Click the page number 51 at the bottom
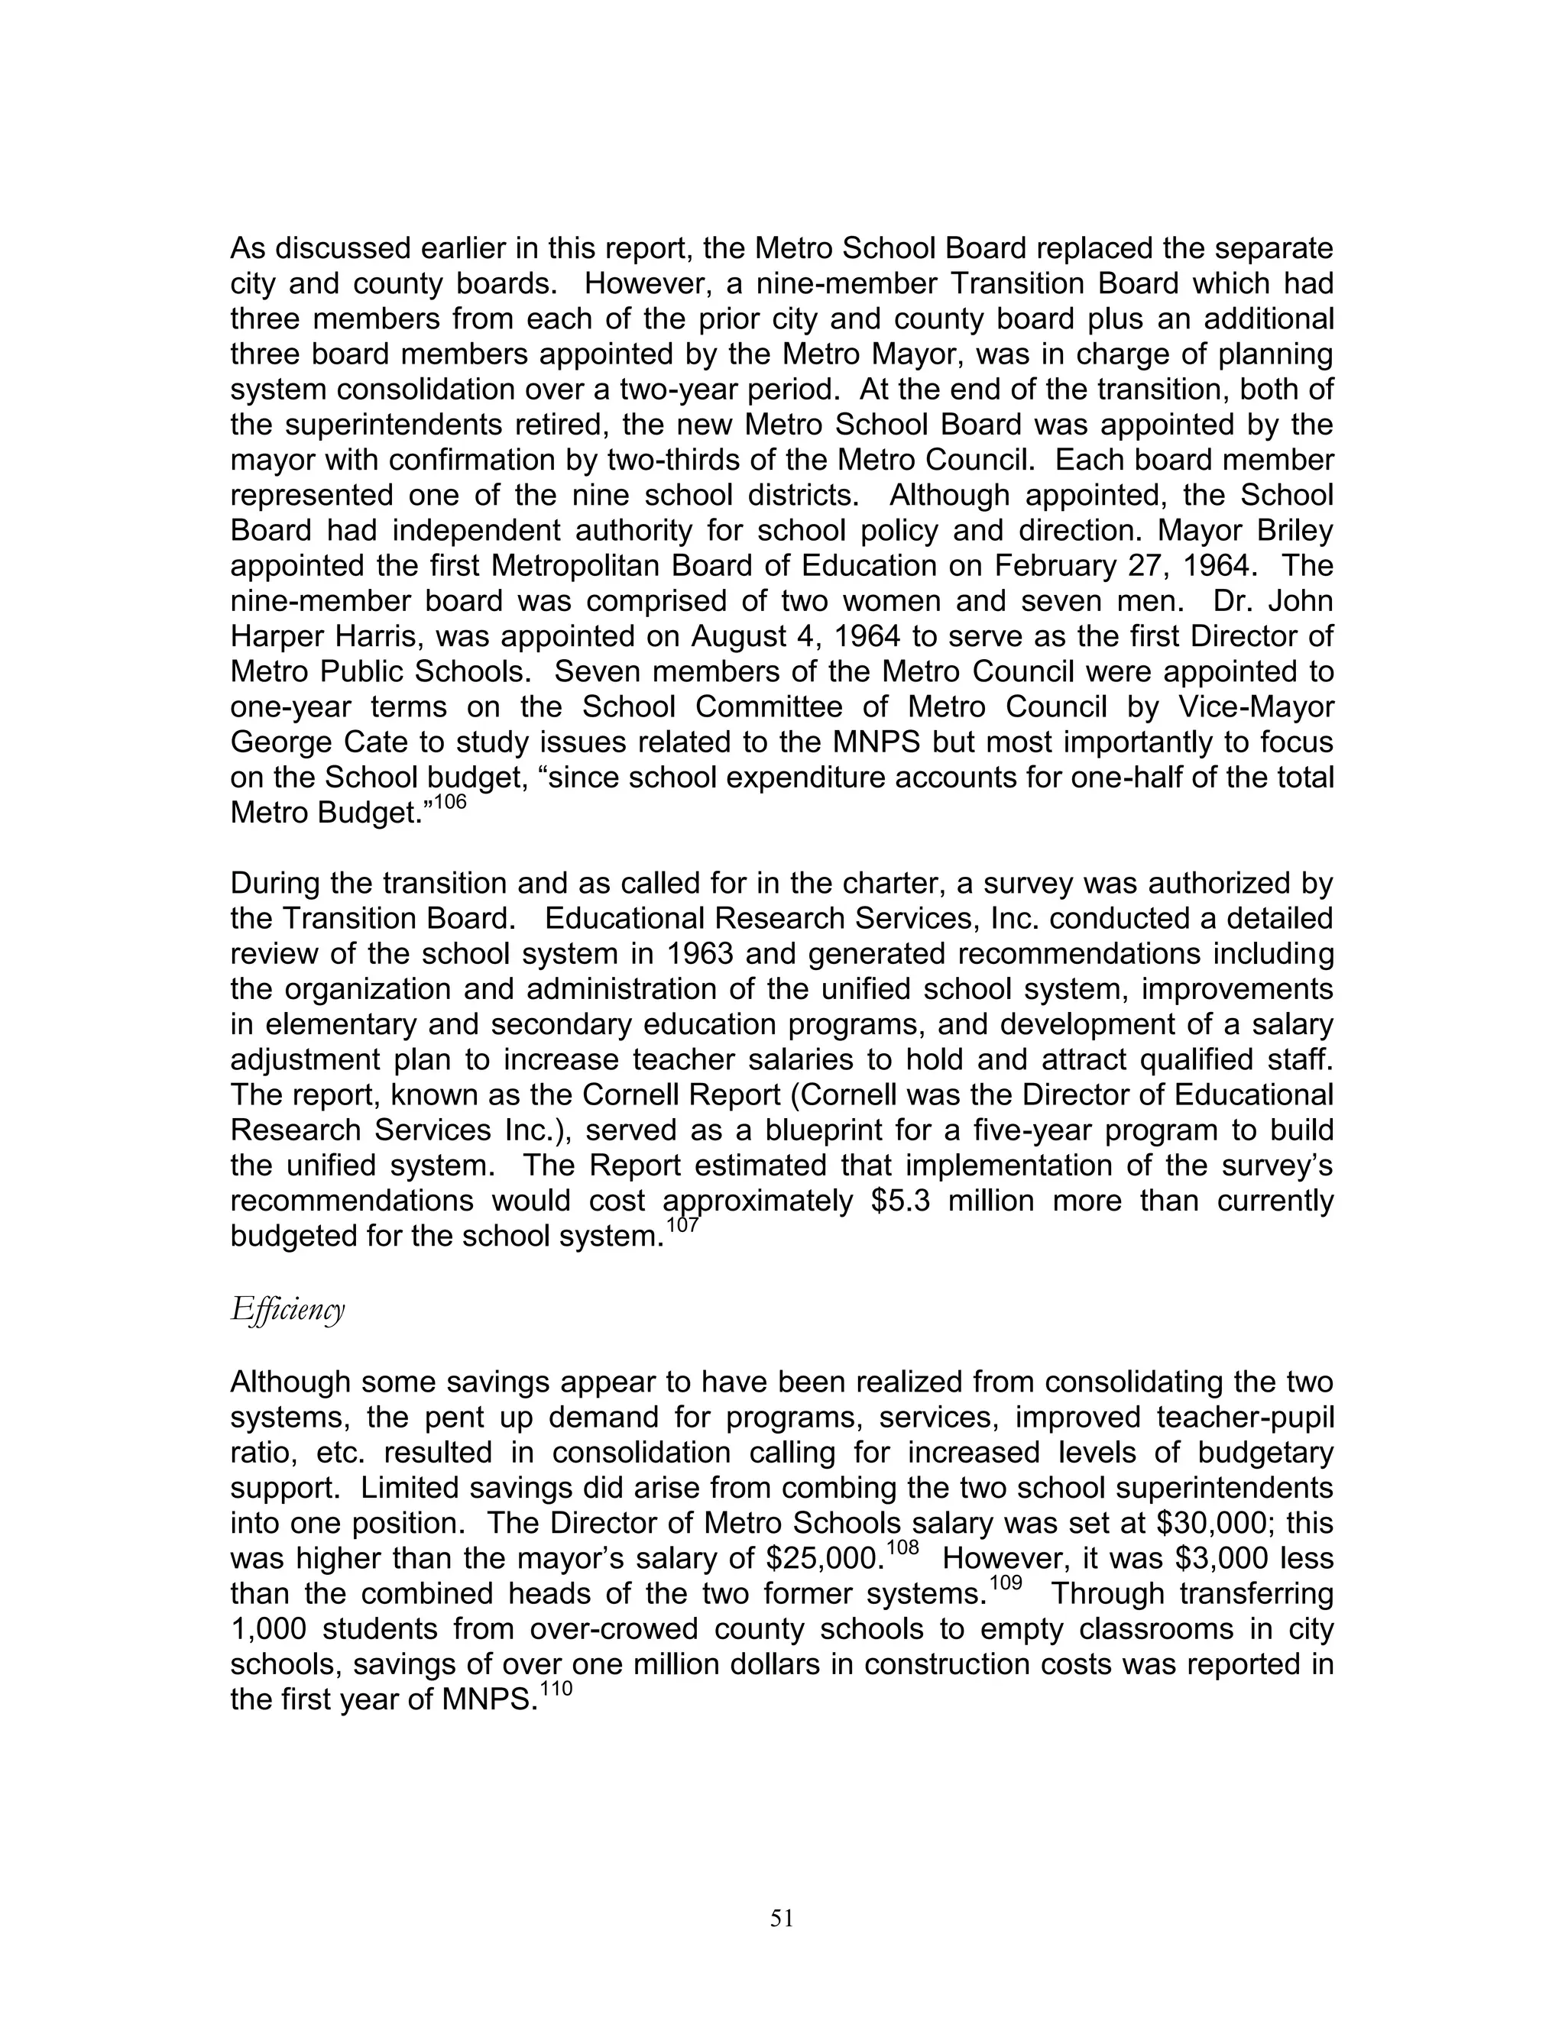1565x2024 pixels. (x=782, y=1919)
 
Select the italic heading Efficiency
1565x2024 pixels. (x=287, y=1309)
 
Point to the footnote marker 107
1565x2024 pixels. (x=682, y=1225)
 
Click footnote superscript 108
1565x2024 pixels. (x=902, y=1549)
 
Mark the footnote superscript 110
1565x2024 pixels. (x=556, y=1689)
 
